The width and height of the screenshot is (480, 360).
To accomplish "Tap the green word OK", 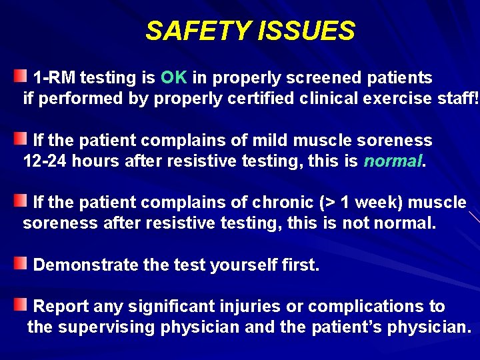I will click(x=174, y=77).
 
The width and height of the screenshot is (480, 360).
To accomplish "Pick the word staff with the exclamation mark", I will click(x=461, y=99).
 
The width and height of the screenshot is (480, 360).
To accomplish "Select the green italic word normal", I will click(x=393, y=162).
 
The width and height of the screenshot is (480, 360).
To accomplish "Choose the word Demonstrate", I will click(x=87, y=265).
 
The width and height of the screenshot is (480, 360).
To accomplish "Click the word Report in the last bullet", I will click(x=61, y=306).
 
